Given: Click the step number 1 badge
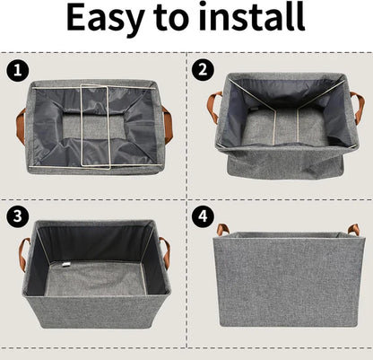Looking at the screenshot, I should pos(16,67).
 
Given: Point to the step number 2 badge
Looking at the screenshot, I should pos(203,67).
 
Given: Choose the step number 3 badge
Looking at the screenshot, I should pos(16,215).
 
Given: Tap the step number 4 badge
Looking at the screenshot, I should pos(203,215).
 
